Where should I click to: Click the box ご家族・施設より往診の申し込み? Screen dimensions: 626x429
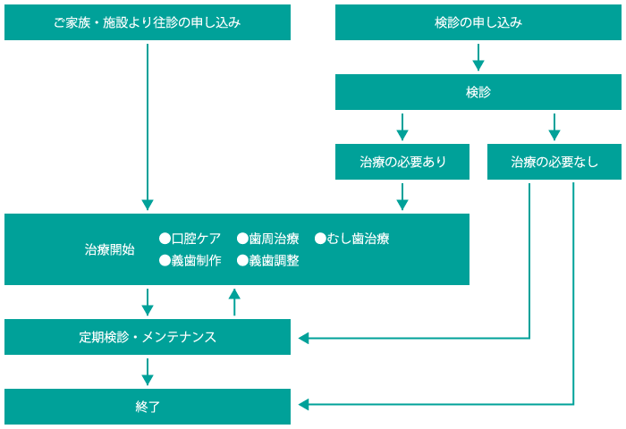pos(148,22)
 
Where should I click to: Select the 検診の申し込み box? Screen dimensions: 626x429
pos(478,22)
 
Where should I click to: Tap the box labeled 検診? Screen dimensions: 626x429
pos(478,92)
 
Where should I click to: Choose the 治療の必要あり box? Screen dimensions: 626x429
pos(402,162)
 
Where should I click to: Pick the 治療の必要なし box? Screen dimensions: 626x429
pos(554,162)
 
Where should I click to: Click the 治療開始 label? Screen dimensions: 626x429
pos(109,250)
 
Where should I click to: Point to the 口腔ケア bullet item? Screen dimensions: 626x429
pos(190,239)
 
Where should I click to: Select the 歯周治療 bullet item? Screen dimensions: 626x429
pos(268,239)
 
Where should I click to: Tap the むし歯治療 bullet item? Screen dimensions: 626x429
pos(352,239)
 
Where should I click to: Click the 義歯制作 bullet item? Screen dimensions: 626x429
pos(190,261)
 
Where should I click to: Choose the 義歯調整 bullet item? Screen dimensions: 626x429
pos(268,261)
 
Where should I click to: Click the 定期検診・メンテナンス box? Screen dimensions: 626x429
pos(148,337)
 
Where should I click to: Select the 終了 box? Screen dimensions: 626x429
pos(148,407)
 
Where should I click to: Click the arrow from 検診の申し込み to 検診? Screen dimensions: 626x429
pos(478,57)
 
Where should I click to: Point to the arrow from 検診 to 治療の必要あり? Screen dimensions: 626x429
pos(402,127)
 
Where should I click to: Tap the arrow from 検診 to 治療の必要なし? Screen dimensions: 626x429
pos(554,127)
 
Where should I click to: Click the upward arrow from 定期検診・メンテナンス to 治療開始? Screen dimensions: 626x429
pos(234,302)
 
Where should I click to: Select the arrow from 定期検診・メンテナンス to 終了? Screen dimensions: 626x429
pos(148,372)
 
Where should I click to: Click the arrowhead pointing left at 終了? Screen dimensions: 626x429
pos(303,405)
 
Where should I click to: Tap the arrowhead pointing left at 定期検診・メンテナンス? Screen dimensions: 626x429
pos(303,339)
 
